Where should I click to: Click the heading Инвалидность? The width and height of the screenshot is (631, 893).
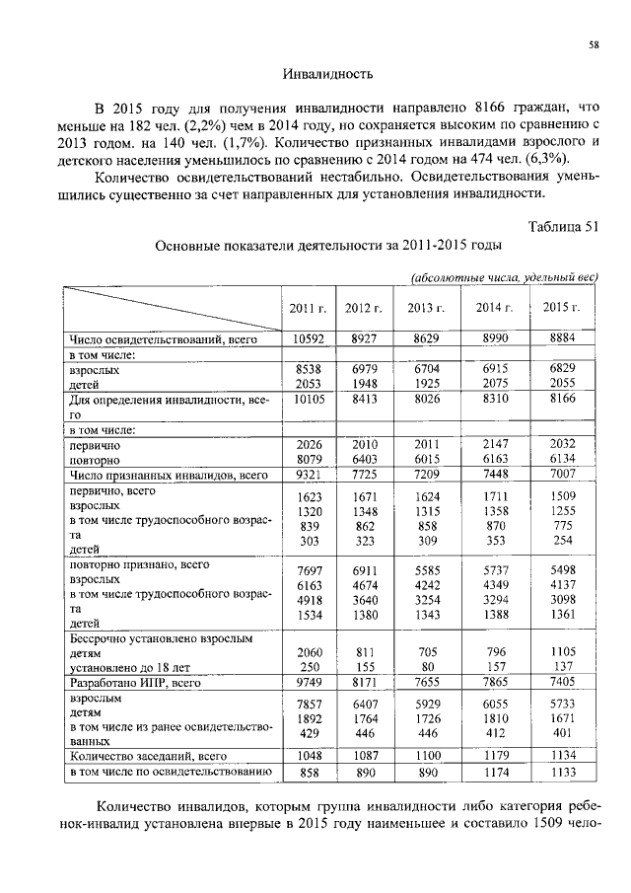click(x=326, y=74)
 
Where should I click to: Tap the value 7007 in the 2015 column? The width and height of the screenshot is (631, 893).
click(x=561, y=476)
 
